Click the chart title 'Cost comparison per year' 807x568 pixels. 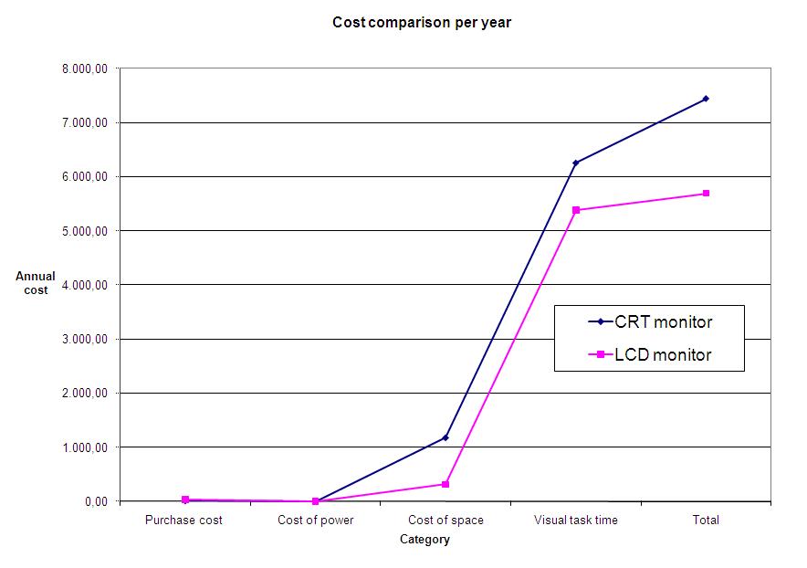tap(421, 23)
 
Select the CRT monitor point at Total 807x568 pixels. tap(706, 99)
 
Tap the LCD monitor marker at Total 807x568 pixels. tap(706, 194)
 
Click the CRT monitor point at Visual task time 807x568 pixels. tap(576, 163)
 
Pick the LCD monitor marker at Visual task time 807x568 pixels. tap(576, 210)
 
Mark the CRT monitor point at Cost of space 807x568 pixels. tap(445, 437)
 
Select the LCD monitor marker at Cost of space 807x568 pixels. tap(445, 484)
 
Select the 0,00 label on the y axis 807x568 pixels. tap(97, 501)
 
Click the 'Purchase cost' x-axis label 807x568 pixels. tap(184, 521)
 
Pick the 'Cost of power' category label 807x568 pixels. tap(315, 521)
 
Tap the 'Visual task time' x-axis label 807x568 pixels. tap(575, 521)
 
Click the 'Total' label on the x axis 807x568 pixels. tap(706, 521)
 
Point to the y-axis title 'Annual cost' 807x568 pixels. tap(36, 283)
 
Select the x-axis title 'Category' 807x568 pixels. tap(424, 540)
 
